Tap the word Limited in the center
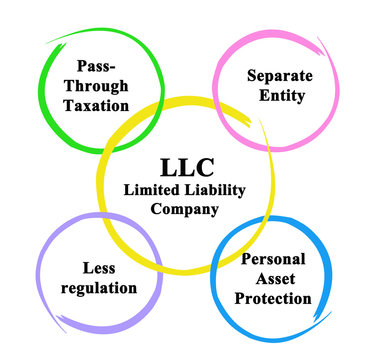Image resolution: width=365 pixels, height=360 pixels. pyautogui.click(x=148, y=190)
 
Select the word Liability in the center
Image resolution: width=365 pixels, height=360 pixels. pyautogui.click(x=210, y=190)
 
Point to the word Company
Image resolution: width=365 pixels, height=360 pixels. pyautogui.click(x=182, y=209)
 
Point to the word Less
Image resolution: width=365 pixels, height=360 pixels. pyautogui.click(x=89, y=268)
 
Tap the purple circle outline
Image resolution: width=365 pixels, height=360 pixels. pyautogui.click(x=37, y=280)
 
